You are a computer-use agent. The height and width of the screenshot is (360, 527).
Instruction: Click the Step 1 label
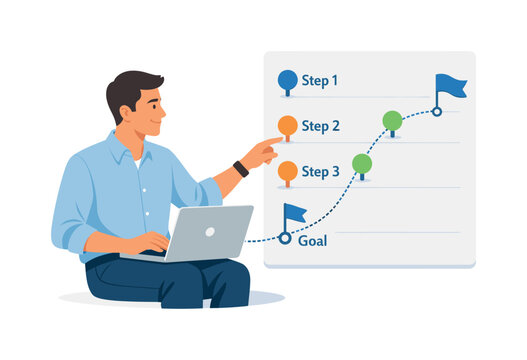[320, 81]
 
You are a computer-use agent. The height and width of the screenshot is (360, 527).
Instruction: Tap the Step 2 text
[320, 126]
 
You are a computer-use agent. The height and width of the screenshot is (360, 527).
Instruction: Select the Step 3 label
[320, 172]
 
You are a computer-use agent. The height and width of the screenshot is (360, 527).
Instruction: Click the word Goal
[312, 241]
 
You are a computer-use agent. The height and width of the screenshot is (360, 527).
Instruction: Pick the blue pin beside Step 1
[287, 80]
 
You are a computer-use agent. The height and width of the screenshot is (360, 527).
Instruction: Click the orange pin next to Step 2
[287, 125]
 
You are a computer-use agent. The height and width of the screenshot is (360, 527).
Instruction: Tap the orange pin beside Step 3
[287, 170]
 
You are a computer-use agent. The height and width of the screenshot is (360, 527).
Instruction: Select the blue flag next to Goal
[294, 213]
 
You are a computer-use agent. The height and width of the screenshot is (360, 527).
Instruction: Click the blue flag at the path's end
[449, 86]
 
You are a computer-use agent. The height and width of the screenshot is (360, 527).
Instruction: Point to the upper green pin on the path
[392, 121]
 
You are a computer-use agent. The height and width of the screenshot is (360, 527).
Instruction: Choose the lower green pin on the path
[362, 163]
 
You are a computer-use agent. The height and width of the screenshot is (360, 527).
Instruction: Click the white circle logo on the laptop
[209, 231]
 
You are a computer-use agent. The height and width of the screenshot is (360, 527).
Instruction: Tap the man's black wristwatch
[240, 168]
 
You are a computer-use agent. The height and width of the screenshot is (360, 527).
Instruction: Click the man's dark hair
[131, 86]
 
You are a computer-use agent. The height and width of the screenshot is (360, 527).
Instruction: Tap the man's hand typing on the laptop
[149, 242]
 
